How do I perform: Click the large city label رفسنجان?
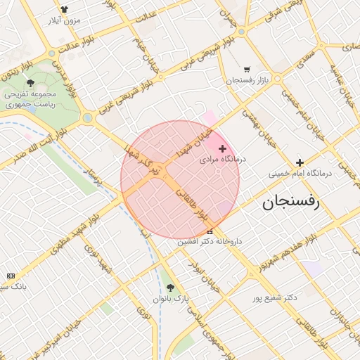(290, 203)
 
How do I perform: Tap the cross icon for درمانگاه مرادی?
(223, 148)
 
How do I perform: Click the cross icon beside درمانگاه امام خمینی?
(300, 162)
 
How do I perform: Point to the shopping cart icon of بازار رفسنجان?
(246, 70)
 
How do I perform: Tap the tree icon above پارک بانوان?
(170, 288)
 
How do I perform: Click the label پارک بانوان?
(172, 299)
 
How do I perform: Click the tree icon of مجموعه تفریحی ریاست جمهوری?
(30, 84)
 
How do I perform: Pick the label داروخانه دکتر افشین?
(210, 241)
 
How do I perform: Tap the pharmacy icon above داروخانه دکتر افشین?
(210, 231)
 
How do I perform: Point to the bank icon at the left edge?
(10, 276)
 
